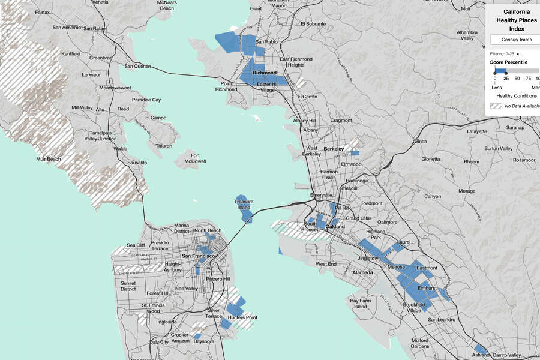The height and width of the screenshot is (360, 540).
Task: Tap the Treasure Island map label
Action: (244, 205)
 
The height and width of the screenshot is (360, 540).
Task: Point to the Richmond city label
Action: (265, 73)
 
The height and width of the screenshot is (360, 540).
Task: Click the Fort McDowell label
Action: (195, 158)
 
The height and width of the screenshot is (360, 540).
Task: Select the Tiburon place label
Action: (163, 146)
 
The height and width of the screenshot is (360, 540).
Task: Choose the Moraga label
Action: (467, 191)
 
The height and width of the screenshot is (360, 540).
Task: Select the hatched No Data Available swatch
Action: (496, 106)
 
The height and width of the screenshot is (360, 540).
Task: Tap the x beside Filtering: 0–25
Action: (518, 53)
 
